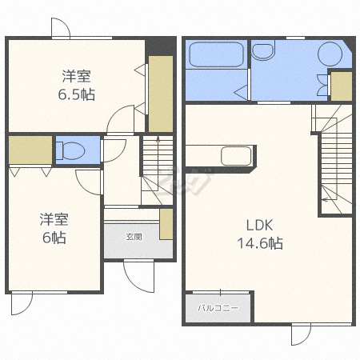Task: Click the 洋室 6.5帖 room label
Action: (x=77, y=85)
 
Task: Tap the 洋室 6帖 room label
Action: (x=54, y=228)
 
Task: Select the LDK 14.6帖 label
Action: (x=260, y=234)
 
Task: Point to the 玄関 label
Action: (x=134, y=237)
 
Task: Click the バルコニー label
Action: (x=218, y=308)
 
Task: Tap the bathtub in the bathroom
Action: (x=216, y=54)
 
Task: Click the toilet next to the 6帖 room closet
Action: (x=70, y=151)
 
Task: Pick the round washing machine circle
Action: (x=330, y=54)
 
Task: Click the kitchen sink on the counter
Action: (x=236, y=156)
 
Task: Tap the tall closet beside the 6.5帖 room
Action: (x=161, y=94)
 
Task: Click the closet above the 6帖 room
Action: (x=30, y=150)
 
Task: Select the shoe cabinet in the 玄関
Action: (x=166, y=224)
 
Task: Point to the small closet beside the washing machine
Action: (x=342, y=86)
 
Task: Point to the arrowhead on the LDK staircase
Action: (x=323, y=199)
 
